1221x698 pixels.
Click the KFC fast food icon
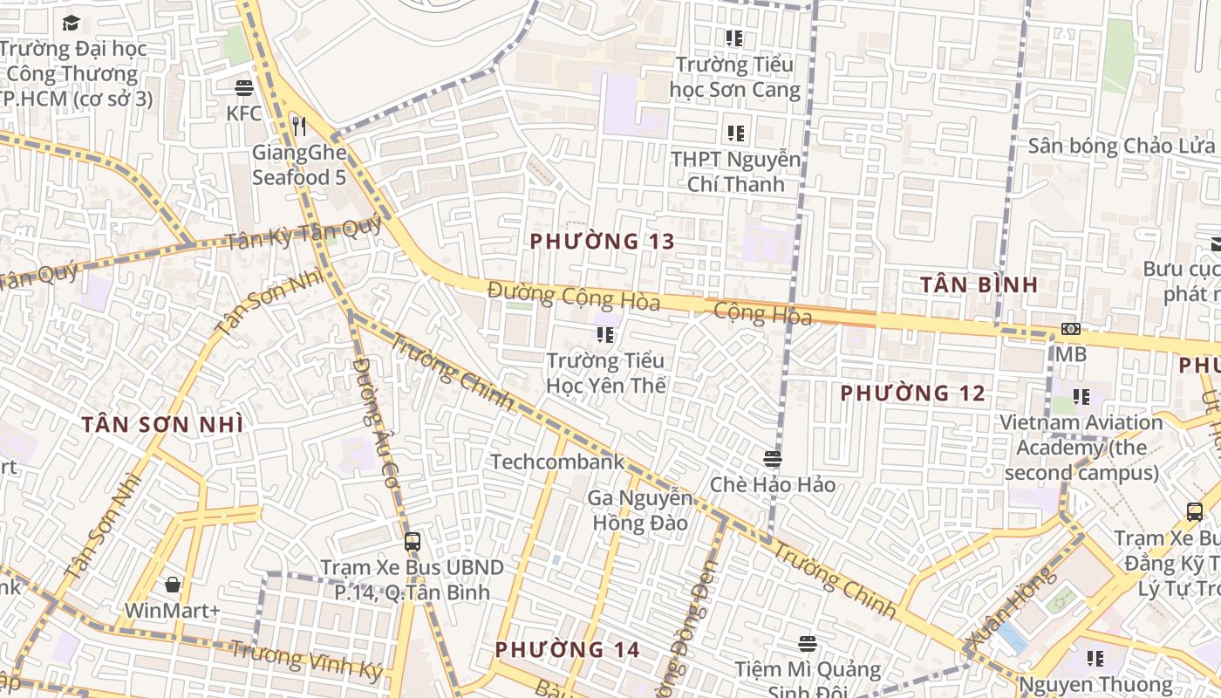243,88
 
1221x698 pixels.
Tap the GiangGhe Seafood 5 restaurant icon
299,127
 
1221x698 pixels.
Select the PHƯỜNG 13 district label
602,242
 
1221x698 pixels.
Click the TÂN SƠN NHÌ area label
162,425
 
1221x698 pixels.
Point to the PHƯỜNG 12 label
912,393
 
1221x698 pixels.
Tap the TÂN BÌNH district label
979,284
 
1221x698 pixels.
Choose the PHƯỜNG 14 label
567,650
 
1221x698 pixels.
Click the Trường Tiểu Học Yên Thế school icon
604,334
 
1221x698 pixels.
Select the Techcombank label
557,462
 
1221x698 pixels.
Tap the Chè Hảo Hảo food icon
772,459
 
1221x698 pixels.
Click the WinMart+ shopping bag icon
173,585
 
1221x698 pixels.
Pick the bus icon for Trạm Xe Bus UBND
413,542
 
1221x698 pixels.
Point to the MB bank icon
1070,329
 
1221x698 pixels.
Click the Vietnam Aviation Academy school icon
1081,397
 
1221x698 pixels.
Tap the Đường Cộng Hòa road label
574,296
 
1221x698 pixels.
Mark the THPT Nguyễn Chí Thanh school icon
735,133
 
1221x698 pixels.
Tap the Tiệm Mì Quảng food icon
808,644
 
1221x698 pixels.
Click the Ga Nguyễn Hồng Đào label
640,510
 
